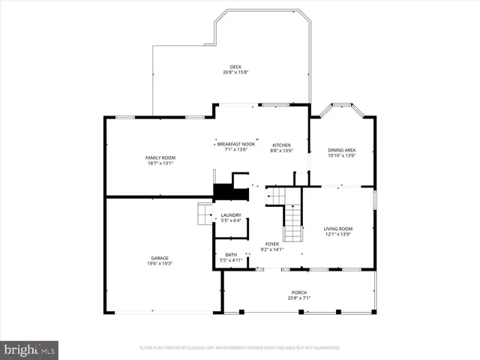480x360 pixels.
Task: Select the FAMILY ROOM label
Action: [160, 157]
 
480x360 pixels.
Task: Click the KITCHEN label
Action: [281, 145]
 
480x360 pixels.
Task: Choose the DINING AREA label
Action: [341, 151]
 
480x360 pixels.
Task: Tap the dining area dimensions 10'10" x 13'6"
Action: [341, 156]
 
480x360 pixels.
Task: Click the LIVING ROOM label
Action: [337, 229]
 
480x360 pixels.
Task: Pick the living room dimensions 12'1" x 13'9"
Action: [337, 234]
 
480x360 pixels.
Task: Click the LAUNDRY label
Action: [230, 215]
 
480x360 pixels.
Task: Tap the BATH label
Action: [231, 255]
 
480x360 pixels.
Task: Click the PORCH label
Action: [299, 292]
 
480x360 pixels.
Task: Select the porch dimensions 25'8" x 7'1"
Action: [299, 298]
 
